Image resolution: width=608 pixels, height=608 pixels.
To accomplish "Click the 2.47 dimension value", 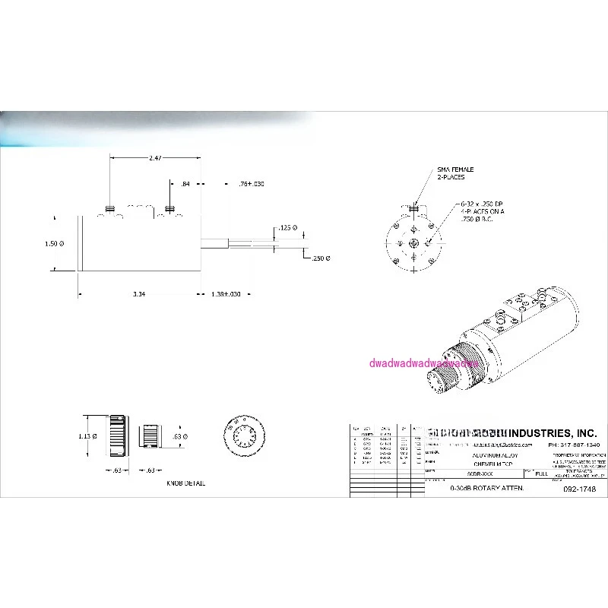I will click(154, 158).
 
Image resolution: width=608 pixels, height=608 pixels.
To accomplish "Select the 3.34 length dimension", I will click(139, 293).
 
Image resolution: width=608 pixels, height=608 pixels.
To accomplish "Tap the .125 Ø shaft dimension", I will click(289, 227).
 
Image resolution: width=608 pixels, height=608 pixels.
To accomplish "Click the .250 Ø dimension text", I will click(320, 258).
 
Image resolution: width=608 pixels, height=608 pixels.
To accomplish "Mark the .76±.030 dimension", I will click(251, 184).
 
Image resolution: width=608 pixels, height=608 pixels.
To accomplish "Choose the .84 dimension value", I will click(185, 184).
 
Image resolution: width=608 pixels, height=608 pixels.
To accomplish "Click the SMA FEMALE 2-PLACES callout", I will click(450, 173).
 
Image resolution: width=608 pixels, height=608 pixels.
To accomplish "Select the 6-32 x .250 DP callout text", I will click(483, 204).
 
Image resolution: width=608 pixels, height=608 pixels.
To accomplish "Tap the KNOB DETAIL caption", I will click(185, 483).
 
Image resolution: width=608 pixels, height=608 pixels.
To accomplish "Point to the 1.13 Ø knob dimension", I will click(89, 436).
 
